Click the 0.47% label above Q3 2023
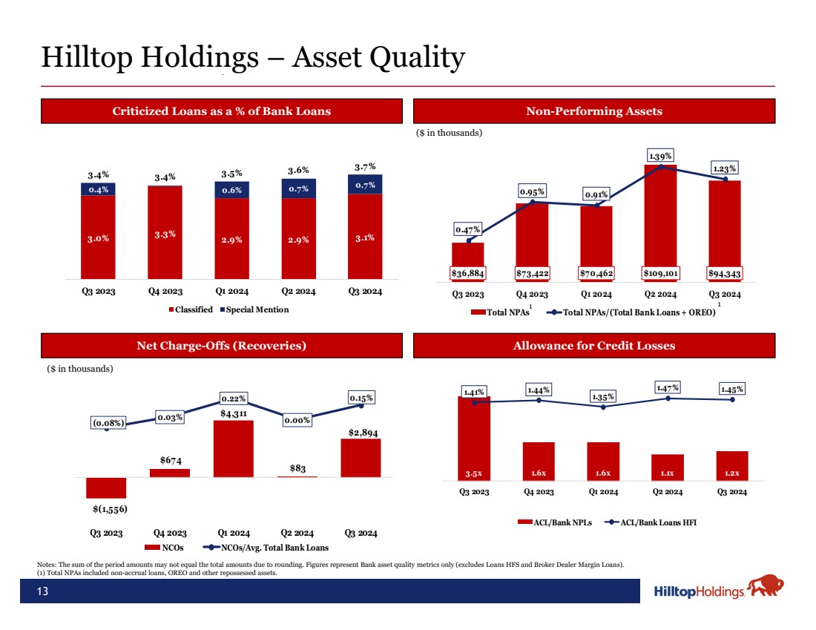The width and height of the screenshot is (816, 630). [x=468, y=229]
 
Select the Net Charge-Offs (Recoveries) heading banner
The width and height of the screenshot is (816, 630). [x=221, y=346]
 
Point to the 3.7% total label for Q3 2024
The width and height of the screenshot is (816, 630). [x=365, y=166]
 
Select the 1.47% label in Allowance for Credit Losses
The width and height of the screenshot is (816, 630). [x=668, y=387]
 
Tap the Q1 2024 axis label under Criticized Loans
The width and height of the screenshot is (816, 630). [x=233, y=292]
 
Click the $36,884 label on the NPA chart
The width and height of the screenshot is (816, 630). [x=468, y=273]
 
